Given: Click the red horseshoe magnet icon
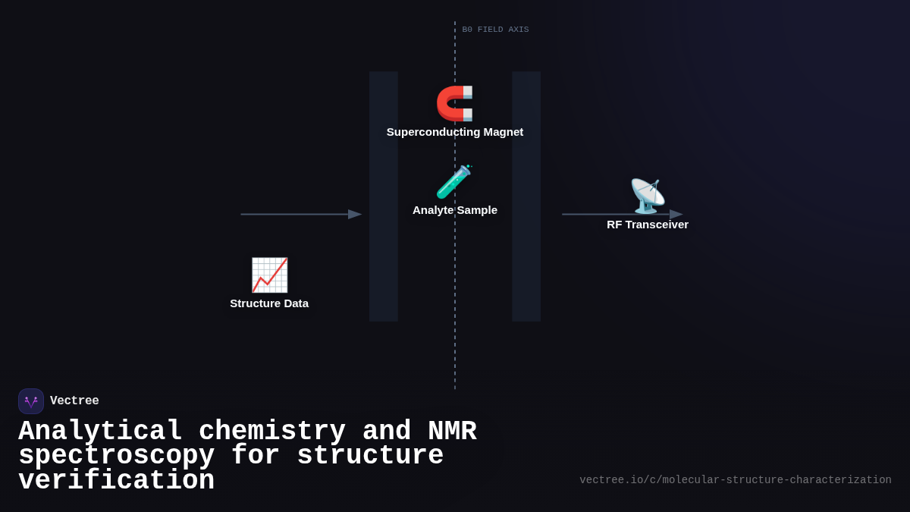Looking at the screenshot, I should [x=454, y=103].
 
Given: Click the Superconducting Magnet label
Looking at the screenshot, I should [x=455, y=132].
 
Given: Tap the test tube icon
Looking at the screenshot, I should [x=453, y=182].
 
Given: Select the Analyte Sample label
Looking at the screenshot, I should [x=455, y=210].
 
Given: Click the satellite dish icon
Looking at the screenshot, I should [x=647, y=196].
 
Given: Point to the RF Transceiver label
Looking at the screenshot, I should [x=648, y=225].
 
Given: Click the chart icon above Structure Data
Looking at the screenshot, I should [x=269, y=275].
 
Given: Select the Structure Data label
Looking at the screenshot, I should [x=269, y=303].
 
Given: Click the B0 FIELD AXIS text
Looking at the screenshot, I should [x=495, y=30].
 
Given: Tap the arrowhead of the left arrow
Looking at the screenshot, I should [x=355, y=215].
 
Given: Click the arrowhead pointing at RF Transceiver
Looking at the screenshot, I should [x=676, y=215].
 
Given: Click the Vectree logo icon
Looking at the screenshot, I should [x=31, y=401].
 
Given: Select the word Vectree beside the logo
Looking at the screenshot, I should [x=74, y=401].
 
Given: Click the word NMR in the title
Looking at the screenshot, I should [x=452, y=432].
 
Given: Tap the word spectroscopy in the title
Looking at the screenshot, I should [x=116, y=456].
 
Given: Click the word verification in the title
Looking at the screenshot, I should [x=116, y=481].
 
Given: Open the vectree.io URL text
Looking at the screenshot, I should [x=735, y=480].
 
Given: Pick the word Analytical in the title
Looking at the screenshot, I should [x=100, y=432].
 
